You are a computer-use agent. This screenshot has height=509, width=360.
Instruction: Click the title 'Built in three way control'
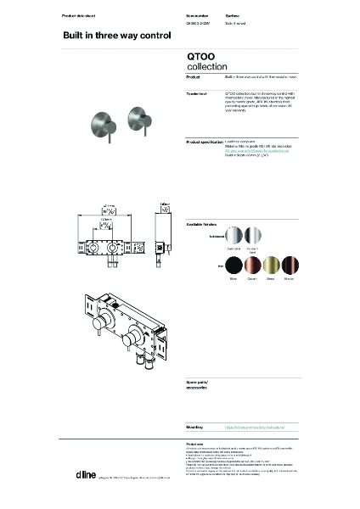click(105, 36)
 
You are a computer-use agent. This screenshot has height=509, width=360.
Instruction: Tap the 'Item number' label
click(197, 16)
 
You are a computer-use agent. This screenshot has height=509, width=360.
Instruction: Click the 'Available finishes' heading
click(204, 224)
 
